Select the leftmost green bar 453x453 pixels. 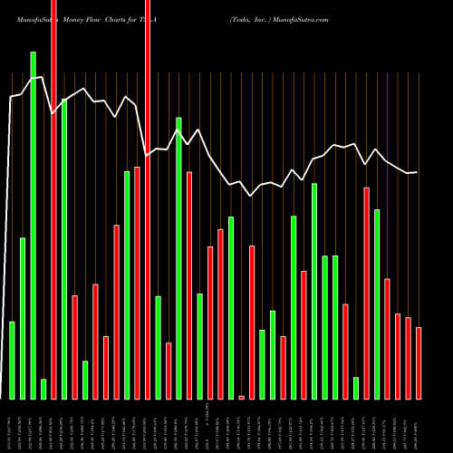(x=12, y=360)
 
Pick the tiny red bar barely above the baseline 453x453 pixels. (x=241, y=397)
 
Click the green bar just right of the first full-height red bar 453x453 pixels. (x=64, y=248)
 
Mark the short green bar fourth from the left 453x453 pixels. (x=43, y=389)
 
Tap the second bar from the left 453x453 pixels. (x=23, y=318)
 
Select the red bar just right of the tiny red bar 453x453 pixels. (x=252, y=322)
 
